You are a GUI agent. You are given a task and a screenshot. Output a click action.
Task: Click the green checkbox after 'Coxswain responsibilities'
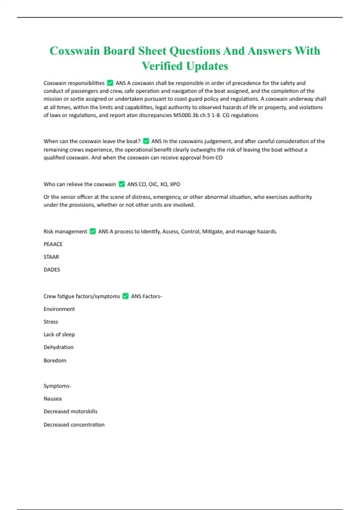110,83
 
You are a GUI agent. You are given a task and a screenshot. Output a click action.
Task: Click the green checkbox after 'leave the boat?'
146,141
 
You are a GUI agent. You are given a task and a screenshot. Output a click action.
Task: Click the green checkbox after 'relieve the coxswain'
121,184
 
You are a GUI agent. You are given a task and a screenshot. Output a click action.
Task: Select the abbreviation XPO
175,184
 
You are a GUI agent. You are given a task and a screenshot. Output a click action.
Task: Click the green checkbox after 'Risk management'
93,231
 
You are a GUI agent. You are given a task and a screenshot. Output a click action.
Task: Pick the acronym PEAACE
53,244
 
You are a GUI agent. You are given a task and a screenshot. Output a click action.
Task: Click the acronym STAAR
51,257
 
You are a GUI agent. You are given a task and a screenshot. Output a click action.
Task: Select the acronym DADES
52,270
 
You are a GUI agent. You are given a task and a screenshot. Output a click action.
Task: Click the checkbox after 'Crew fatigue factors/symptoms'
125,296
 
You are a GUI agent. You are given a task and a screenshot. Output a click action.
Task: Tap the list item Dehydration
58,347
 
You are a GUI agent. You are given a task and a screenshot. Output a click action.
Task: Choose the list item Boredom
55,361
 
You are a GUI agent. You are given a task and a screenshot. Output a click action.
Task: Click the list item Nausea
52,399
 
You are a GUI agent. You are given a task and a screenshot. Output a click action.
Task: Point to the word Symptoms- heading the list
57,386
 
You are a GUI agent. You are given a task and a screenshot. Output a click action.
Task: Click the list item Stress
51,322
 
